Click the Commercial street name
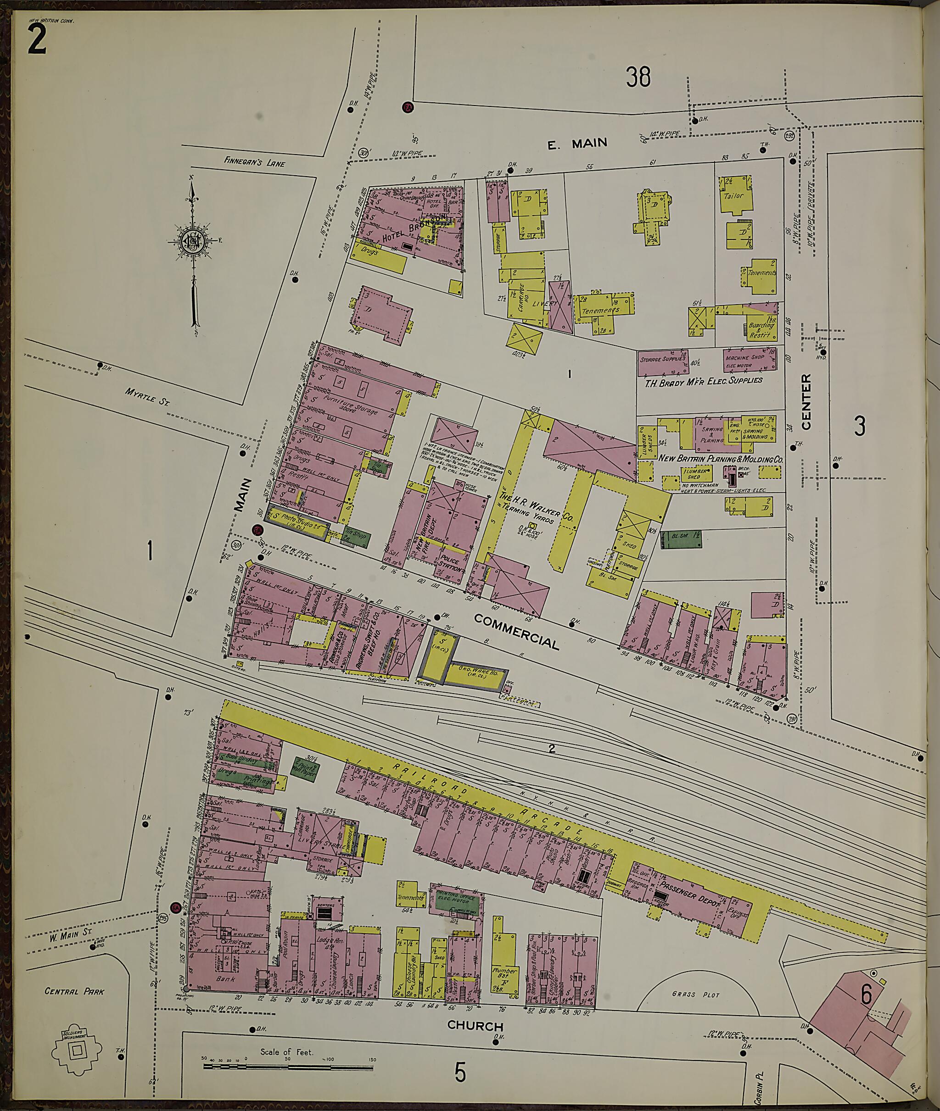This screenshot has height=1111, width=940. pyautogui.click(x=516, y=631)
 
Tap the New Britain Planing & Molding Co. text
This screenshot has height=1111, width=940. pyautogui.click(x=721, y=458)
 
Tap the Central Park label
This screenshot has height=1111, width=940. pyautogui.click(x=75, y=992)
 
